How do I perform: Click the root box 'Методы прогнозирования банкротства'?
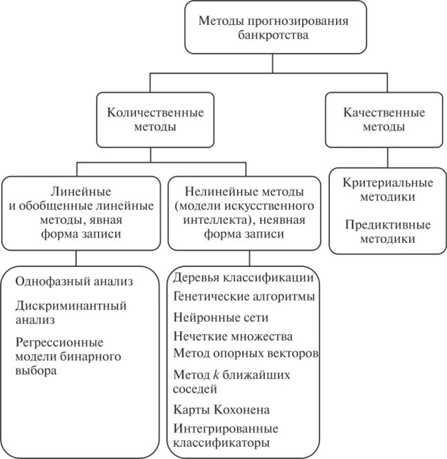coord(273,28)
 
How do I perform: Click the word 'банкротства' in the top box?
coord(273,35)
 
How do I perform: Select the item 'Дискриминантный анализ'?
coord(70,312)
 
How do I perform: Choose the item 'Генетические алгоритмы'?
coord(244,297)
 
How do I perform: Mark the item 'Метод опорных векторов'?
coord(246,353)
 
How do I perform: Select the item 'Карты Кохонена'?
coord(217,409)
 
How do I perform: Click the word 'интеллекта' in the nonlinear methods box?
coord(207,220)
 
